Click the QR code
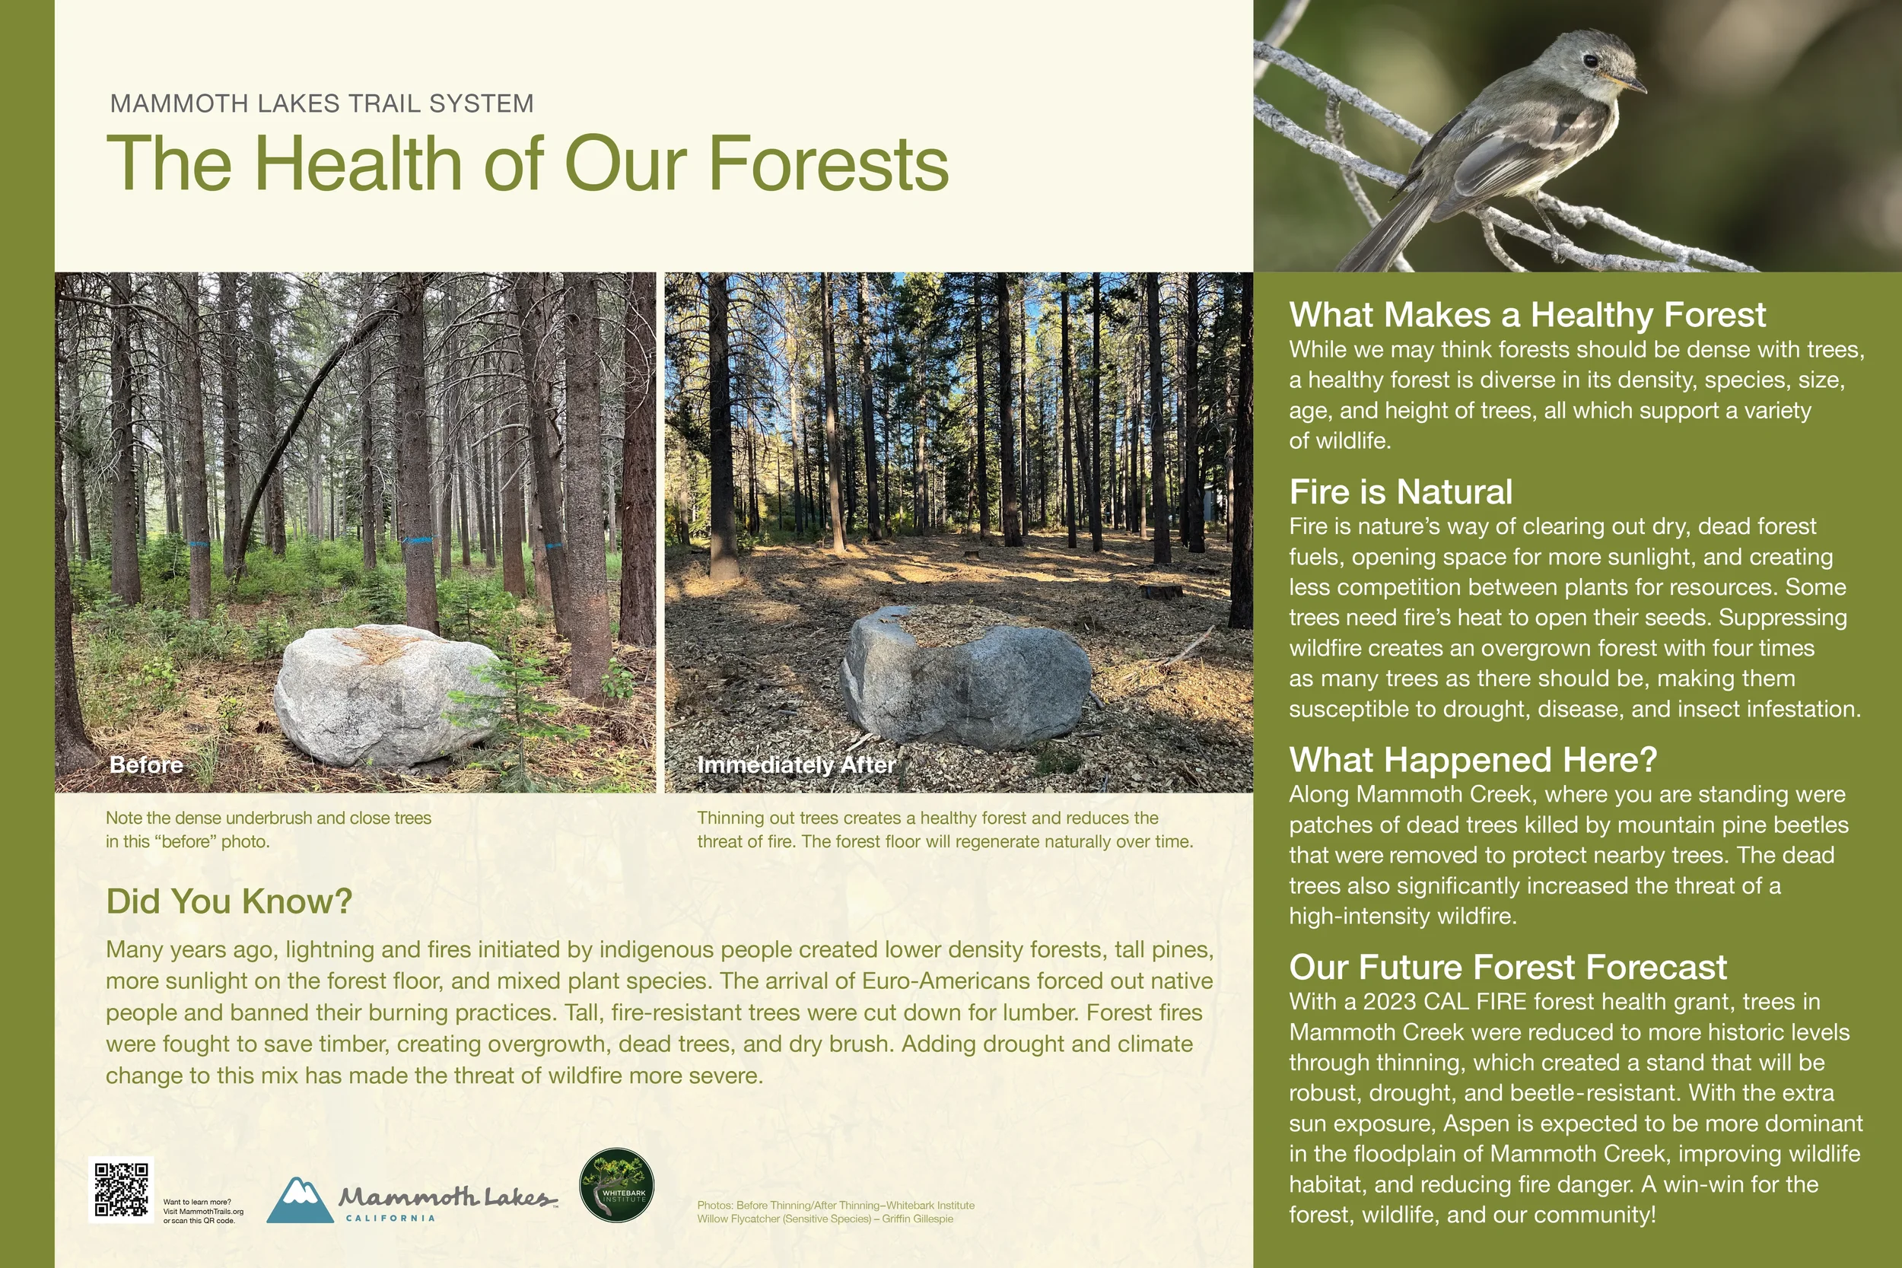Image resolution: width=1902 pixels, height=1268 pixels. (x=121, y=1190)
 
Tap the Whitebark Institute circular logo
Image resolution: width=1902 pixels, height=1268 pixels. (x=616, y=1186)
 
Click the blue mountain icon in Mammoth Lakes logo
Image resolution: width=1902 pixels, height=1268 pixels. (x=299, y=1200)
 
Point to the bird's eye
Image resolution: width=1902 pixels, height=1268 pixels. (x=1591, y=61)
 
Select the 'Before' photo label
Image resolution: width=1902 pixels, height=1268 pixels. (x=146, y=765)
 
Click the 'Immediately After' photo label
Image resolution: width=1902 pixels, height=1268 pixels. (x=796, y=765)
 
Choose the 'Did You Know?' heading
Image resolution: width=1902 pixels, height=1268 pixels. (x=229, y=901)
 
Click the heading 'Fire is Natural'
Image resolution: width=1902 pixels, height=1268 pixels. (x=1401, y=491)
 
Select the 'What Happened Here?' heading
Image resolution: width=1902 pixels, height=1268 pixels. (x=1473, y=760)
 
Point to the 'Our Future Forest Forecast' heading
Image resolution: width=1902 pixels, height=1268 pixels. (x=1507, y=968)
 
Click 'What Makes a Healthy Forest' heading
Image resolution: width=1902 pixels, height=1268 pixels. (x=1527, y=315)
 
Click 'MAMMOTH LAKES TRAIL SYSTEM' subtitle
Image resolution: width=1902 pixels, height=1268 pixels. (x=322, y=103)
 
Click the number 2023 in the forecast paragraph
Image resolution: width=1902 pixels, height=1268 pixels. (x=1390, y=1002)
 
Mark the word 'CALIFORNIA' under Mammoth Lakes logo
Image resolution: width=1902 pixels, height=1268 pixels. (x=390, y=1218)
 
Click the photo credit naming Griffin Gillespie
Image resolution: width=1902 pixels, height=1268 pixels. (x=825, y=1219)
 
